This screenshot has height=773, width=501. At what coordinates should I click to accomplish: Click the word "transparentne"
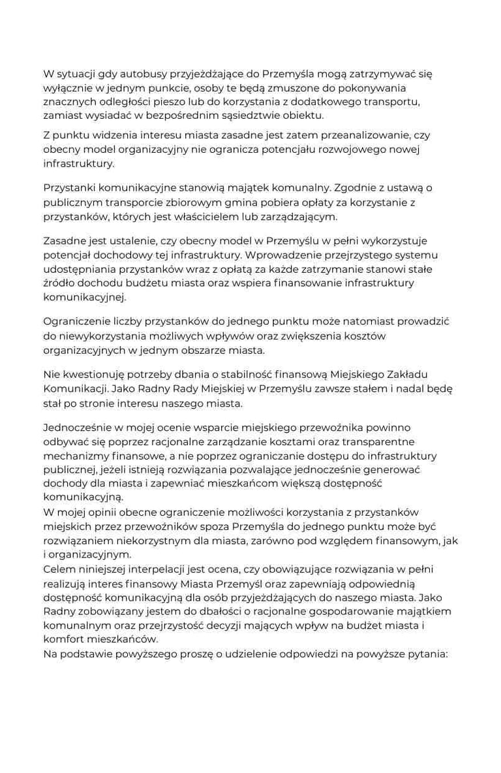pyautogui.click(x=372, y=442)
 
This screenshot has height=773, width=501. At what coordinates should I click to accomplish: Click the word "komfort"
pyautogui.click(x=65, y=640)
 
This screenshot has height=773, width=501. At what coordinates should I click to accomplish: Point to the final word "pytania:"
pyautogui.click(x=426, y=654)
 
